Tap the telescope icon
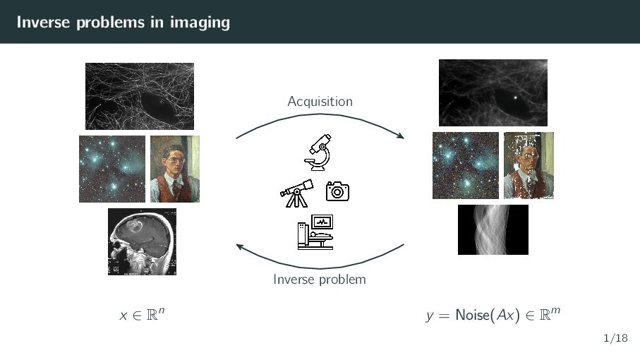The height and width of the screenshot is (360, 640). [297, 193]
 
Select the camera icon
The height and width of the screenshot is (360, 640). [337, 191]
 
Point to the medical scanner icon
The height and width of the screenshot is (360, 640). [315, 232]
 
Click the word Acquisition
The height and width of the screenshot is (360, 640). [320, 101]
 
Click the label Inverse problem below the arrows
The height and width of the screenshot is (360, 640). [320, 280]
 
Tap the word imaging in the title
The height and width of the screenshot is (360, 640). [200, 23]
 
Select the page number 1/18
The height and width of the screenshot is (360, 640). [615, 338]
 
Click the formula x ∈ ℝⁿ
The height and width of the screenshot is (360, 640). [142, 314]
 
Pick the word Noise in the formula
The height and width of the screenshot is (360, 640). [473, 315]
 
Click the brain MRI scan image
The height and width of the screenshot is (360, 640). [142, 241]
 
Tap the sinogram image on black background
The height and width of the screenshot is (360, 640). [493, 230]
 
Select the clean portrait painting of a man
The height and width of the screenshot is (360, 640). [175, 169]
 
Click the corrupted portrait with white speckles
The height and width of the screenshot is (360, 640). [529, 165]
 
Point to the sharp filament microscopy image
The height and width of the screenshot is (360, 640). [140, 96]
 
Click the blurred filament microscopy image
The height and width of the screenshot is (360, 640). [493, 92]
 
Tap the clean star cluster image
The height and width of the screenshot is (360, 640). [111, 169]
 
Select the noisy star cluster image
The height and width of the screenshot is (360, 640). [466, 165]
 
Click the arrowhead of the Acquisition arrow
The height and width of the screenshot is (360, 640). [401, 136]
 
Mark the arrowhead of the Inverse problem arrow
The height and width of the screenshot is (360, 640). [240, 246]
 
